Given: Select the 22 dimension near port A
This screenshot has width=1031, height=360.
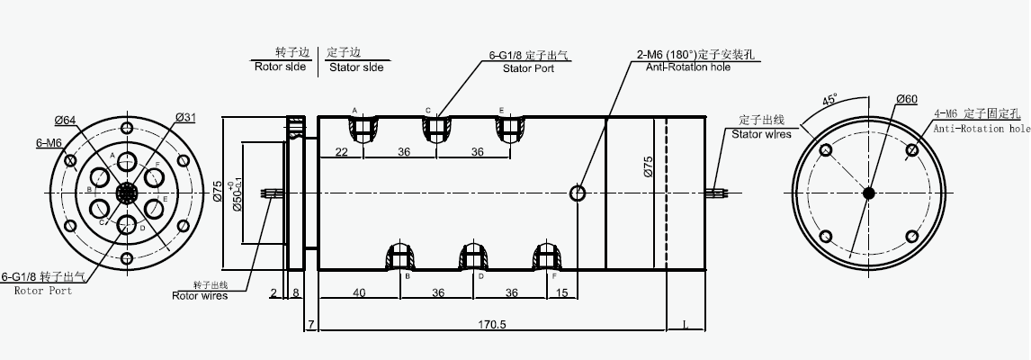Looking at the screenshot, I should pos(342,152).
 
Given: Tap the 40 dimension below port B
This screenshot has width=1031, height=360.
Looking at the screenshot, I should pos(359,292).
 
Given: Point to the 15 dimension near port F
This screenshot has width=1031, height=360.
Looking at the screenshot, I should pos(562,292).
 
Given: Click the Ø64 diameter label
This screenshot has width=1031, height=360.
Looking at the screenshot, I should pos(64,120).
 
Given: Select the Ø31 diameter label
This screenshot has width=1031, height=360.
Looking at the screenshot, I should pos(186,118).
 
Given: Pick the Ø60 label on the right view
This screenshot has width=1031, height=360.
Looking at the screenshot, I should pos(906,99).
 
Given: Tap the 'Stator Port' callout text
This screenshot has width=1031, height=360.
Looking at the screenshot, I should pos(528,67).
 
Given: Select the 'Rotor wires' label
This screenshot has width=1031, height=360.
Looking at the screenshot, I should pos(200,295).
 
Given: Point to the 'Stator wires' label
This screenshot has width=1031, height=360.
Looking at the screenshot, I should pos(760,134).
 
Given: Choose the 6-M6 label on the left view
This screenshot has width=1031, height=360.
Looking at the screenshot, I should pos(49,142).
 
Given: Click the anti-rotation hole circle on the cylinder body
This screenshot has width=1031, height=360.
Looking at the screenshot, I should pos(578,193).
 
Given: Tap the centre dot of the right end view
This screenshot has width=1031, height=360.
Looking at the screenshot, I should pos(868,193).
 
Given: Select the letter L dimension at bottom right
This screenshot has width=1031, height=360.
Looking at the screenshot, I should pos(686,324).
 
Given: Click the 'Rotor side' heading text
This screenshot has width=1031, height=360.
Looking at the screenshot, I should pos(281,67).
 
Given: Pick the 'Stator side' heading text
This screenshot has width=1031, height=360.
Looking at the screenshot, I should pos(355,67).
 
